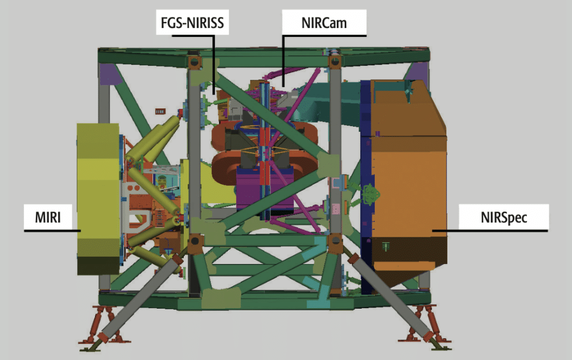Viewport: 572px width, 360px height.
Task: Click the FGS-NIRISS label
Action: (192, 22)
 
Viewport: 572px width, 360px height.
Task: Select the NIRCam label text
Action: (324, 23)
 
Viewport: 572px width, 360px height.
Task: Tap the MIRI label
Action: (48, 217)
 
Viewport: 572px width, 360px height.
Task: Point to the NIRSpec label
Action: (503, 217)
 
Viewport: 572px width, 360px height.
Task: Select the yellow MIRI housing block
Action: (98, 199)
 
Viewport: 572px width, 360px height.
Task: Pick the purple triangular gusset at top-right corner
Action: (415, 73)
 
